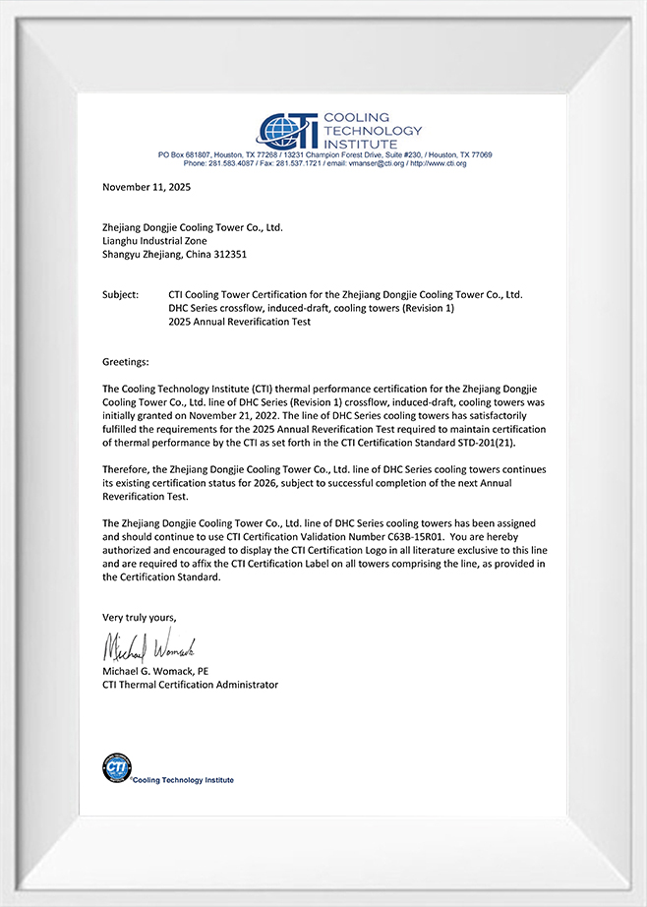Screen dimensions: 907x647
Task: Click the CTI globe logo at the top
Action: point(286,130)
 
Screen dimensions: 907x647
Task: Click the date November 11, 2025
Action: point(147,186)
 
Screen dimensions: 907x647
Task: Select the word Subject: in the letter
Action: point(121,294)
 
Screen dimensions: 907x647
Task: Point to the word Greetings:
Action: point(126,362)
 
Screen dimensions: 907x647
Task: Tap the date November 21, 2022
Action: point(237,415)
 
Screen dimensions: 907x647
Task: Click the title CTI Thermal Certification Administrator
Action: point(190,685)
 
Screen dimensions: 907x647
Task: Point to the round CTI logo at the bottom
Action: point(117,767)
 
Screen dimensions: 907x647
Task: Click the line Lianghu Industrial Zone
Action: point(154,240)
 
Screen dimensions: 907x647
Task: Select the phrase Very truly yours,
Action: point(140,617)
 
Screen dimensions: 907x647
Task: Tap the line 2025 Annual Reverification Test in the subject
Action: point(240,322)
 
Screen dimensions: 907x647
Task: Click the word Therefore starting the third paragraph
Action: point(127,469)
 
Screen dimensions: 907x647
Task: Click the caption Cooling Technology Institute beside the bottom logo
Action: point(184,780)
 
